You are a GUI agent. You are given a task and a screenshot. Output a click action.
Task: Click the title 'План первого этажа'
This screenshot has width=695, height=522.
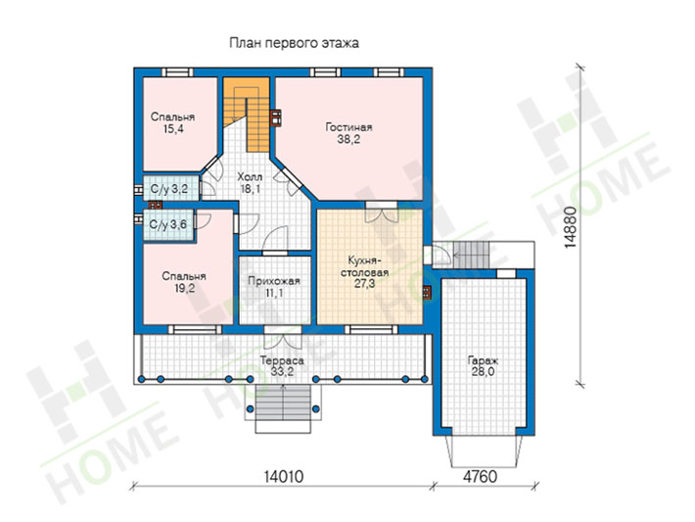[294, 43]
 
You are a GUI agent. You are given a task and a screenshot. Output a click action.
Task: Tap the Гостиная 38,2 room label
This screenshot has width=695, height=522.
[348, 133]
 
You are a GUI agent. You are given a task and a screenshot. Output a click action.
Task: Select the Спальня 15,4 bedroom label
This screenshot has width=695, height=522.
[173, 122]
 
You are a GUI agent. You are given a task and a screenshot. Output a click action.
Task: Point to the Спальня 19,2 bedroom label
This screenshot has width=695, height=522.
[184, 282]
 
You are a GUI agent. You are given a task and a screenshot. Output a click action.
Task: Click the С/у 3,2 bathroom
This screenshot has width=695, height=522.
[169, 189]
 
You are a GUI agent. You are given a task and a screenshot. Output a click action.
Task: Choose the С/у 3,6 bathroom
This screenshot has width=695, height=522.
[168, 225]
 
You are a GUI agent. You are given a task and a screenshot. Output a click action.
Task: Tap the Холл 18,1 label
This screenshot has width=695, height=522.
[250, 183]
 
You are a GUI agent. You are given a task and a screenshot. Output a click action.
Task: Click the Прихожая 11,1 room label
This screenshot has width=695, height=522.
[274, 287]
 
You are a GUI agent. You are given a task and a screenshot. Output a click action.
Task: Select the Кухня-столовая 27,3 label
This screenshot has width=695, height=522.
[364, 272]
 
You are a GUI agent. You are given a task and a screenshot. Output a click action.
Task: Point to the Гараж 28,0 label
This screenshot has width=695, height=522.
[483, 366]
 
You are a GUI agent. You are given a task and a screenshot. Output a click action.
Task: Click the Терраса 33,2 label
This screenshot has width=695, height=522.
[282, 366]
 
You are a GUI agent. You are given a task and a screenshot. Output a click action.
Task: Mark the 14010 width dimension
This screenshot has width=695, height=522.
[284, 477]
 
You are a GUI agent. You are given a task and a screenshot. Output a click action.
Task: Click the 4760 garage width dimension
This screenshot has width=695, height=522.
[480, 477]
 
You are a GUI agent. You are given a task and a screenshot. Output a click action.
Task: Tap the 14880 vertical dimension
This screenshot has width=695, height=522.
[571, 227]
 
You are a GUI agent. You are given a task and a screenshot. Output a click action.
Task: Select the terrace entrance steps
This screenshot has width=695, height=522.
[283, 409]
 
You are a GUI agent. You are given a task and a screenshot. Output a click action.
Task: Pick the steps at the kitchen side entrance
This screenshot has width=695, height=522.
[471, 255]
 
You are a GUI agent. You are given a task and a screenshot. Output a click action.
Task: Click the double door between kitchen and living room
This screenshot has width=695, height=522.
[381, 212]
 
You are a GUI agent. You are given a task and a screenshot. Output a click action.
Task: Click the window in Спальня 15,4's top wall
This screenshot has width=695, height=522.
[177, 72]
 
